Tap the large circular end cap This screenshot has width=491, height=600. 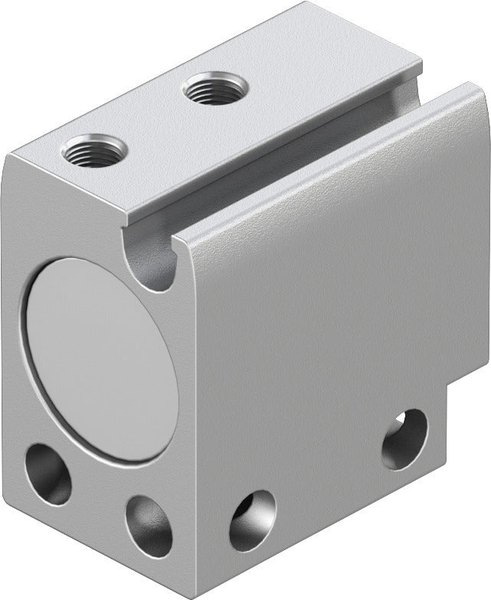click(99, 358)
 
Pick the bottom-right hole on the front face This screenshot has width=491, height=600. click(149, 525)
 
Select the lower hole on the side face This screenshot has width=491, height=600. click(252, 520)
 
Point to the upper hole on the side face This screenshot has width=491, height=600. click(404, 439)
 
